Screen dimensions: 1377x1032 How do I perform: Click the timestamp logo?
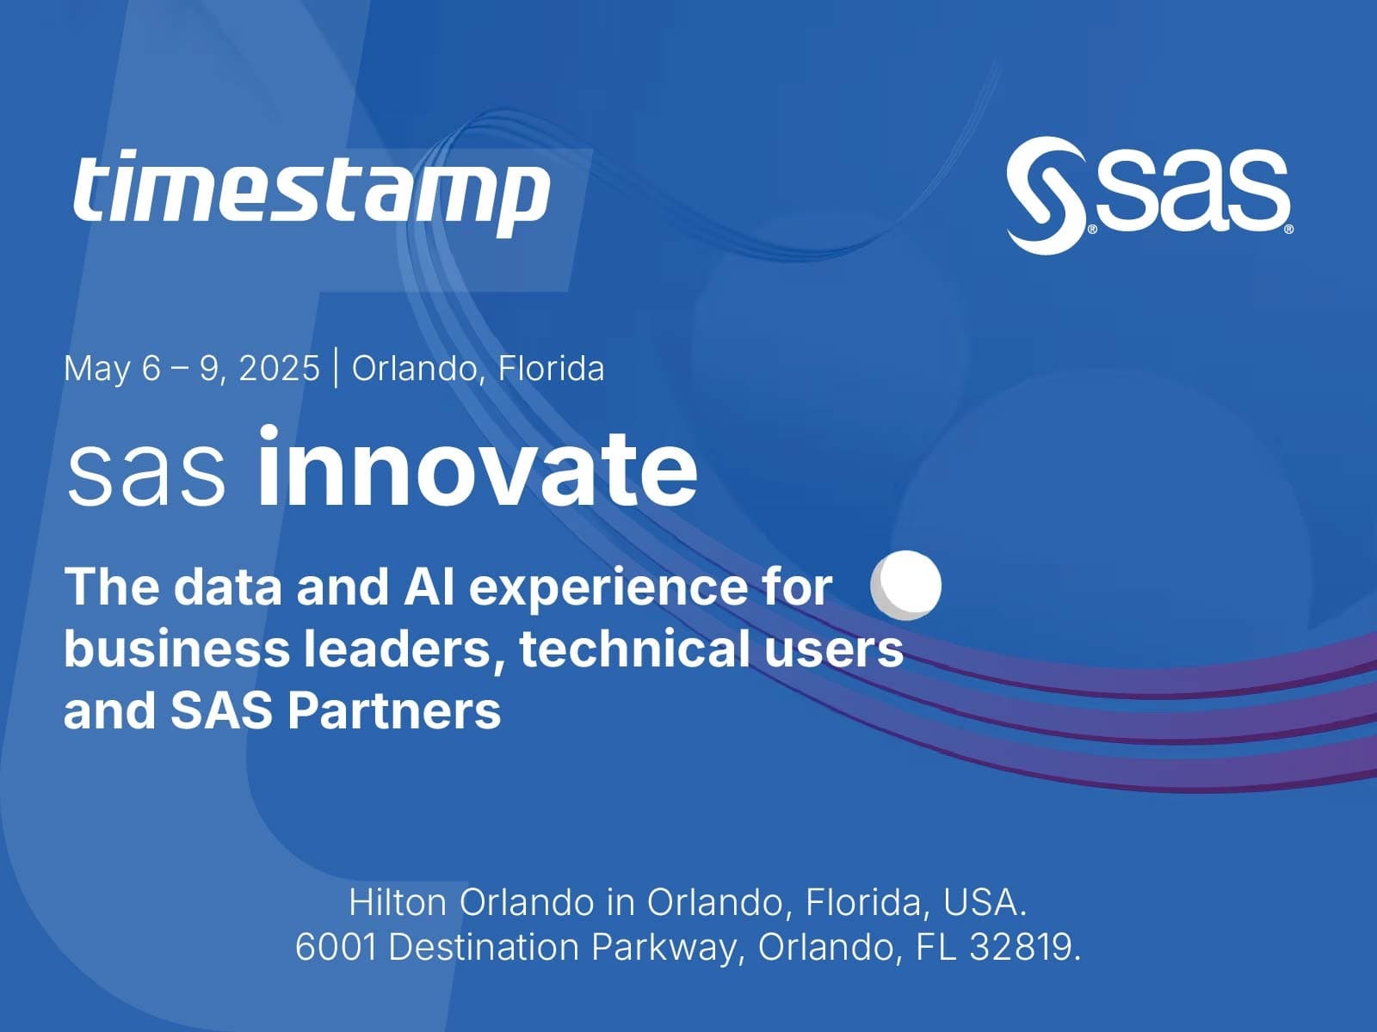(312, 192)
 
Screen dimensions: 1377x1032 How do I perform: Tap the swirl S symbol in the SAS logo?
(1047, 195)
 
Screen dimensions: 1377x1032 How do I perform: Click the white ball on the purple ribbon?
(906, 586)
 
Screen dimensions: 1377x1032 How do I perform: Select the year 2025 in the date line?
(279, 368)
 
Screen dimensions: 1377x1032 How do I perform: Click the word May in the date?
(96, 369)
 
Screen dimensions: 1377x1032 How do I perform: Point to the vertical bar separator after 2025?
(336, 368)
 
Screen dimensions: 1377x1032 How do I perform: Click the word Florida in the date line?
(551, 368)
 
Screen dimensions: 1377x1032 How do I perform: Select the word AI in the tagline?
(429, 587)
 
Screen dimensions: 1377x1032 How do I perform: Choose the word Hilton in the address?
(398, 902)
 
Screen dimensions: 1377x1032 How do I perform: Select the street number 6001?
(337, 947)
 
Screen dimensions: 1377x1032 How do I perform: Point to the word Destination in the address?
(484, 947)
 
